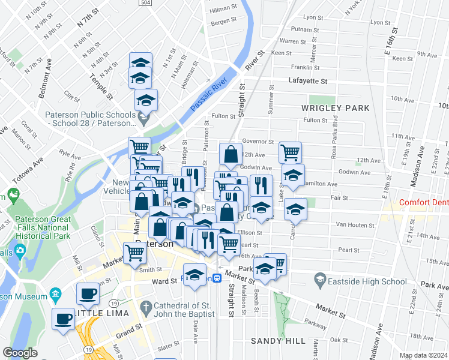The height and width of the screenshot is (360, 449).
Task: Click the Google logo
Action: click(20, 353)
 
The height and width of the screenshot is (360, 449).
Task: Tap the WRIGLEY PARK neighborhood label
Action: click(337, 108)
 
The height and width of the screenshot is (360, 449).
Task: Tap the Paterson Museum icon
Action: click(56, 296)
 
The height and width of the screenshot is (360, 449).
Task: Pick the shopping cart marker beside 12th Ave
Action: click(291, 152)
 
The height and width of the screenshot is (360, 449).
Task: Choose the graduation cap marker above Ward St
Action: click(195, 275)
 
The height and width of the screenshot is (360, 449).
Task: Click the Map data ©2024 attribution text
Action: click(423, 355)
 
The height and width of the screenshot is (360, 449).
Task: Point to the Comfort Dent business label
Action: click(423, 203)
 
